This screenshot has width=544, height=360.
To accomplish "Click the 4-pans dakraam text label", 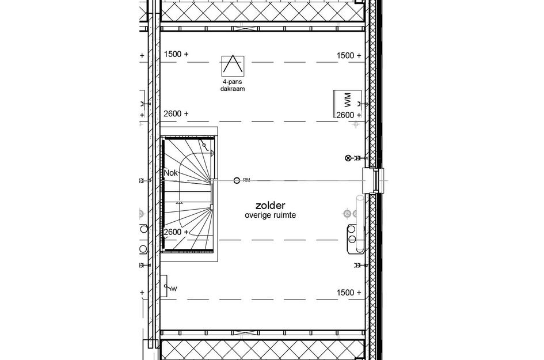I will click(232, 86).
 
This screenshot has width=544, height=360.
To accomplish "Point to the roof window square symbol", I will click(232, 65).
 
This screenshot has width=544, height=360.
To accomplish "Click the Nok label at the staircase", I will click(171, 172).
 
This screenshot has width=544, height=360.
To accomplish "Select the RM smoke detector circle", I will click(237, 180).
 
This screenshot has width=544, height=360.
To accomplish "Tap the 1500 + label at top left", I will click(176, 55).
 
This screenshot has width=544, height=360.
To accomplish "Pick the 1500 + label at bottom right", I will click(349, 293).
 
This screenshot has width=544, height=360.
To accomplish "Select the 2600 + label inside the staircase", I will click(176, 232).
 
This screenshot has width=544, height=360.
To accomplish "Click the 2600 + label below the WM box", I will click(349, 115).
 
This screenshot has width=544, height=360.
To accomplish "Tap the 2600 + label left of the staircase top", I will click(176, 113).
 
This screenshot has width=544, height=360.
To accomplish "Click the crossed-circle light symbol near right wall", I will click(347, 158).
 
